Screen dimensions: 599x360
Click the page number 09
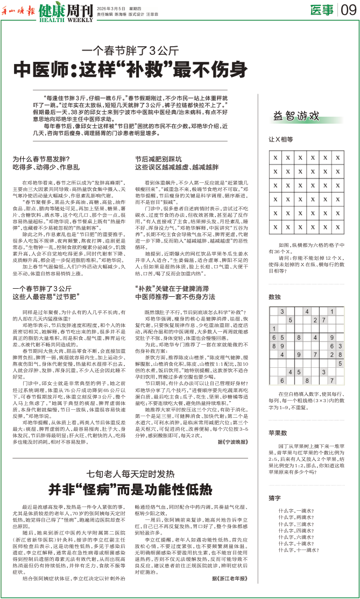348,10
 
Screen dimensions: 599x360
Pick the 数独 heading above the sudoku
274,297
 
